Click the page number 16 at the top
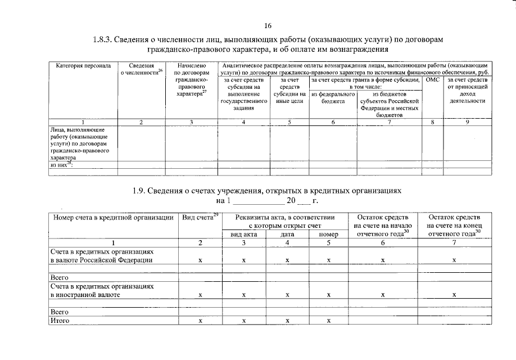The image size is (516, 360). pos(268,26)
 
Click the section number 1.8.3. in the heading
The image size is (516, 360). pos(103,40)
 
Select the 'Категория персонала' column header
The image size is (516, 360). pos(79,66)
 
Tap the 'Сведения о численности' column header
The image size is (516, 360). pos(141,69)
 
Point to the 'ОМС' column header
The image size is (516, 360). pos(432,80)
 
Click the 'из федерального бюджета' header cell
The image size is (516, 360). pos(333,98)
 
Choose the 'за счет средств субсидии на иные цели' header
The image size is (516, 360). pos(289,90)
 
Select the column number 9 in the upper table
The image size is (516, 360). pos(467,122)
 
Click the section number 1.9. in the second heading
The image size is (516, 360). pos(139,191)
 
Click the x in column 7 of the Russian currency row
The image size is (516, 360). pos(454,260)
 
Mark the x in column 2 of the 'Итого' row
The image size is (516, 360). pos(200,321)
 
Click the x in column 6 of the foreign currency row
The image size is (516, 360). pos(382,295)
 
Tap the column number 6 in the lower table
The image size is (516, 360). pos(383,243)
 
